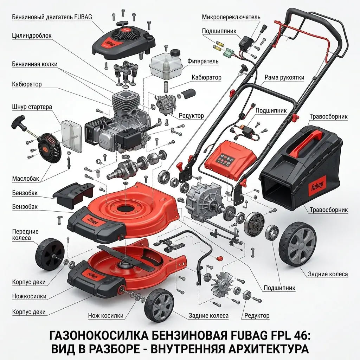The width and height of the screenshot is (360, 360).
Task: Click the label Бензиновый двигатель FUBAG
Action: (x=52, y=17)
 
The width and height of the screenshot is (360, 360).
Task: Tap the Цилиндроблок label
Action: (x=32, y=36)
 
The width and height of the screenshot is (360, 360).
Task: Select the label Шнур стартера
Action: (x=32, y=107)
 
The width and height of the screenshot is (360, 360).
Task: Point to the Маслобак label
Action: (x=25, y=178)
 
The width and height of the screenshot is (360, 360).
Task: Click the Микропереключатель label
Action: (x=231, y=17)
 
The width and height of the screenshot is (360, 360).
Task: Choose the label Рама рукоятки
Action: (x=284, y=77)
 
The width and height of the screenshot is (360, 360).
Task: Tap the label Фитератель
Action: (x=203, y=61)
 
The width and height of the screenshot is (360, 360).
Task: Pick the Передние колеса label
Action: (x=25, y=234)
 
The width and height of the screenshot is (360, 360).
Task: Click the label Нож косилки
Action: (x=105, y=316)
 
